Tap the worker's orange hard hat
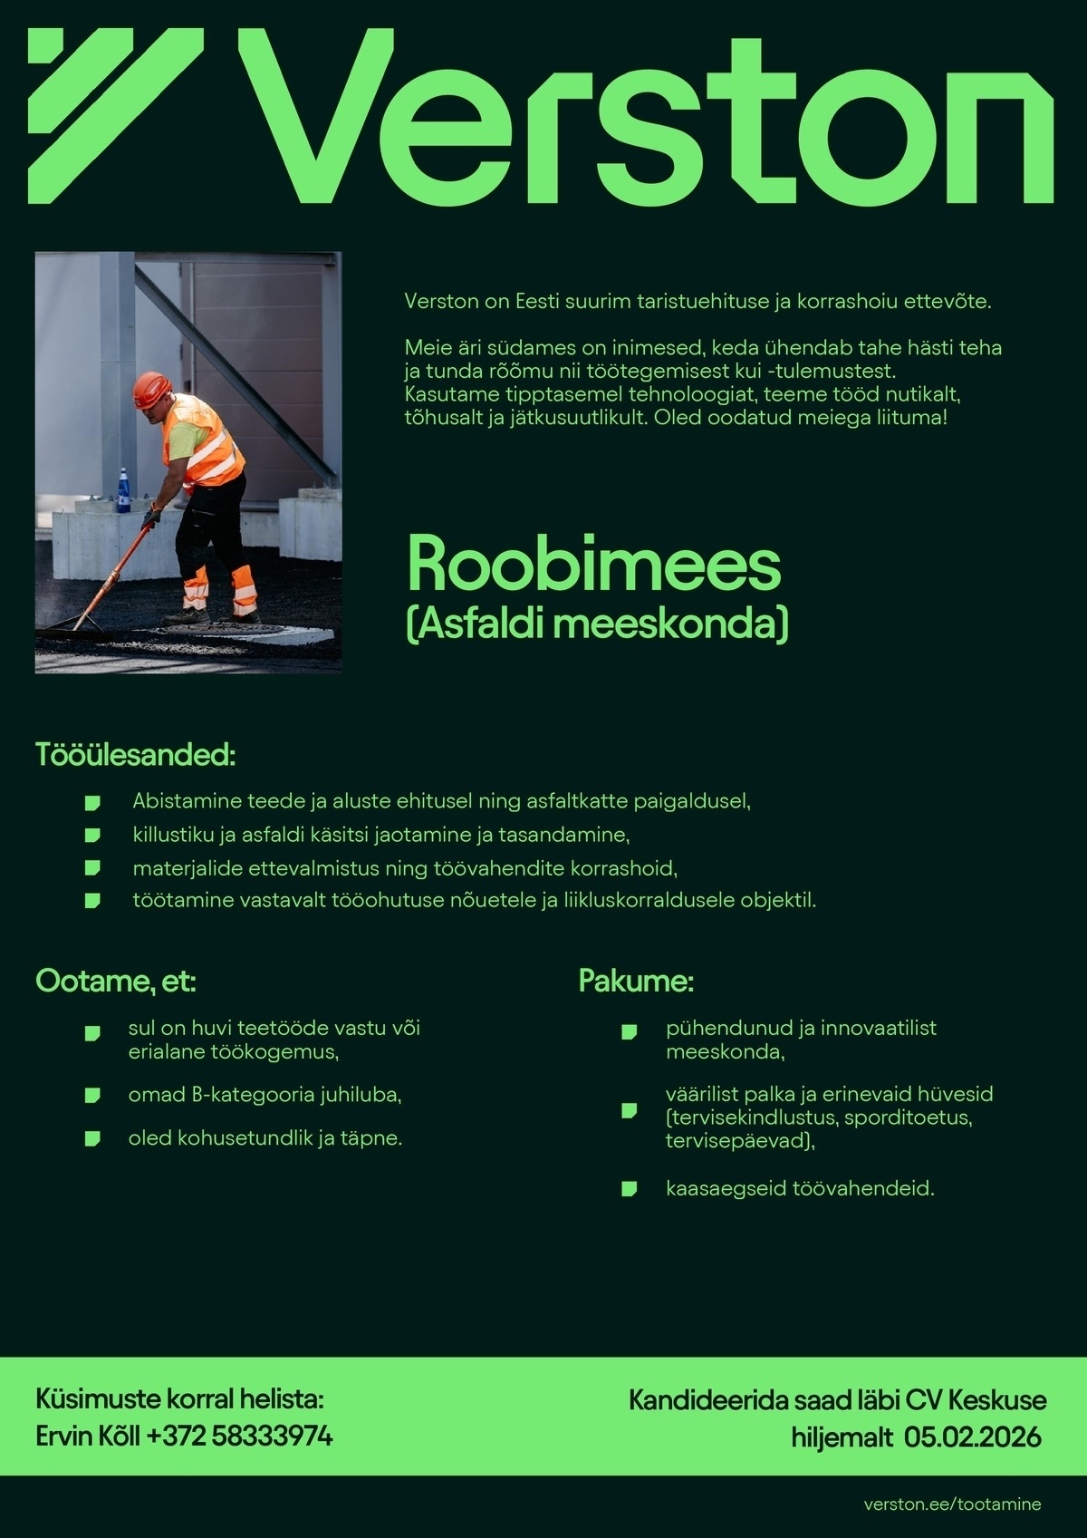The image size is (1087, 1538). tap(151, 390)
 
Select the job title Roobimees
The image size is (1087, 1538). tap(593, 565)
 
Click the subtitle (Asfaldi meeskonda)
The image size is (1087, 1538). tap(597, 625)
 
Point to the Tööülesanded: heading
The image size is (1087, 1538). tap(136, 755)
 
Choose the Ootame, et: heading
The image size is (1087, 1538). tap(116, 981)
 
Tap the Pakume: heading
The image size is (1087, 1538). tap(636, 981)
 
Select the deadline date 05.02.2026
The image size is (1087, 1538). tap(972, 1437)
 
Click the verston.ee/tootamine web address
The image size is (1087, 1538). tap(952, 1504)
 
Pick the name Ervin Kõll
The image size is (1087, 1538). tap(88, 1436)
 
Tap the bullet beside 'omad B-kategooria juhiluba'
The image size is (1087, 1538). tap(91, 1096)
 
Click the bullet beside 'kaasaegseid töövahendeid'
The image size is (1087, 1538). tap(629, 1188)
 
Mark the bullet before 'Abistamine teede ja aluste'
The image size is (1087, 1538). tap(91, 802)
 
